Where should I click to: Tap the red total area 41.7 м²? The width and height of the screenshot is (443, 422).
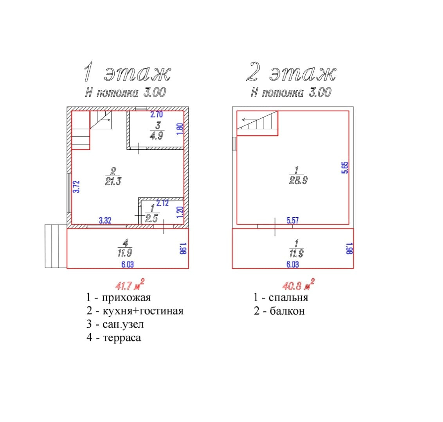pyautogui.click(x=130, y=284)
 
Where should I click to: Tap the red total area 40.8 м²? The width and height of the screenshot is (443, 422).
pyautogui.click(x=298, y=284)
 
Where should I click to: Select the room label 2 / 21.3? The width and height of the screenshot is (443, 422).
pyautogui.click(x=113, y=176)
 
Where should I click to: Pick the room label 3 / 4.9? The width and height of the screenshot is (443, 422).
pyautogui.click(x=157, y=131)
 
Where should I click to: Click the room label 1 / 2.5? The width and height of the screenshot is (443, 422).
pyautogui.click(x=152, y=213)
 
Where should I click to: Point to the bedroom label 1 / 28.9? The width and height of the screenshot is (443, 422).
pyautogui.click(x=298, y=175)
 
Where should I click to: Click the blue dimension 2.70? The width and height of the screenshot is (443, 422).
pyautogui.click(x=157, y=114)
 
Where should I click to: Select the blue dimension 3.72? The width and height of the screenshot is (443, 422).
pyautogui.click(x=77, y=187)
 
